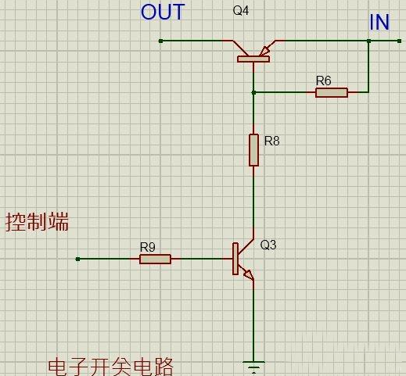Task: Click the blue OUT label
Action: [163, 13]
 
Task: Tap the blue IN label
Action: [379, 23]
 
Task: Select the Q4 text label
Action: [241, 12]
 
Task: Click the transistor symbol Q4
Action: [253, 51]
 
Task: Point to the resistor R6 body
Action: [332, 92]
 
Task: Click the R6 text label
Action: [323, 81]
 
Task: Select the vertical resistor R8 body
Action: [253, 149]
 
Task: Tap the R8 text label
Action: [271, 141]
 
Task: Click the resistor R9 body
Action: [155, 259]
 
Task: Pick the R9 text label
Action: [147, 247]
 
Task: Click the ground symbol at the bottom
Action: [253, 364]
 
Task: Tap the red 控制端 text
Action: [37, 222]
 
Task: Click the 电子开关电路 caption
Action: [110, 367]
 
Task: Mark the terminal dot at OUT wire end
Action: [160, 41]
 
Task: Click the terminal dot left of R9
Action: [78, 259]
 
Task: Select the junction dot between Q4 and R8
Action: [253, 92]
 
